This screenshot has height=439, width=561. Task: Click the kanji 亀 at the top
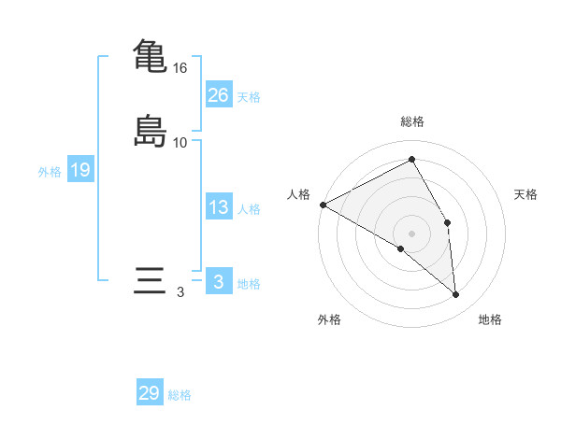[150, 55]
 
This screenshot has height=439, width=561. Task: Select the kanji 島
[150, 130]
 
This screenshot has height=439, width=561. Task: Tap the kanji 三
[150, 282]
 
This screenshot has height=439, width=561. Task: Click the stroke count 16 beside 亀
[180, 68]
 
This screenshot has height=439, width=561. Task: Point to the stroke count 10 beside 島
[180, 143]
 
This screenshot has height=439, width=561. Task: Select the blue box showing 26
[218, 94]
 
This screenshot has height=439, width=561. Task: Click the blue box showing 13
[218, 207]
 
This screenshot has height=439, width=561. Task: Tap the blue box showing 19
[80, 170]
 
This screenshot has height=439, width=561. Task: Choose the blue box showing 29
[150, 393]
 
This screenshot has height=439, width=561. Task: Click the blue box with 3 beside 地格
[218, 282]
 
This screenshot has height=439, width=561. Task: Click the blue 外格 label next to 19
[50, 172]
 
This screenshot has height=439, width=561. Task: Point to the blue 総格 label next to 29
[180, 395]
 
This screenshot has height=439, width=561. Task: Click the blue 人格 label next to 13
[249, 209]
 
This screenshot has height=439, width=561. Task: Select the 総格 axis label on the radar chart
[412, 121]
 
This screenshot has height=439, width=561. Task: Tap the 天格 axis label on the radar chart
[526, 194]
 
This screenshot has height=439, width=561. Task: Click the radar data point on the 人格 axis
[323, 205]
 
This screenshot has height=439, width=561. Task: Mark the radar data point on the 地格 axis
[455, 294]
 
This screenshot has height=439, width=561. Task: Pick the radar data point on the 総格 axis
[412, 160]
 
